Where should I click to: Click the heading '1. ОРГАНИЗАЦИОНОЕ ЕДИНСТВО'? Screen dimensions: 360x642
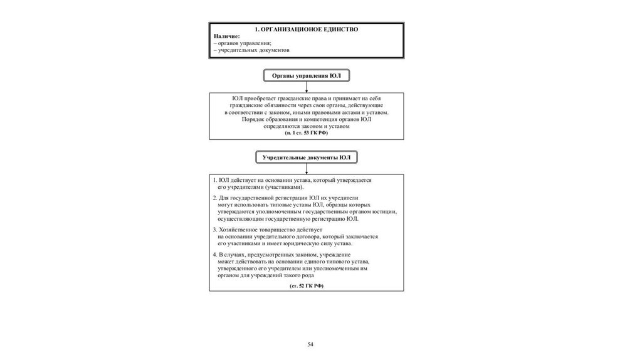pos(307,29)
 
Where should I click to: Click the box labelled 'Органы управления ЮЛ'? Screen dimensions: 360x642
pos(306,76)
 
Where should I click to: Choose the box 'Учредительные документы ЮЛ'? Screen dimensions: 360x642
pos(307,157)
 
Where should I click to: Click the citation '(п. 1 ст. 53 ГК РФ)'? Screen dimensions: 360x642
pos(307,134)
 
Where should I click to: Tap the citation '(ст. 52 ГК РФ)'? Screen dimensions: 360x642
pos(307,285)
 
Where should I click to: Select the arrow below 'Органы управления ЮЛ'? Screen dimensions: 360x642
pos(307,88)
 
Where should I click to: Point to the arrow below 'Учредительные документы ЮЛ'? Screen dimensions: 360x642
pos(307,169)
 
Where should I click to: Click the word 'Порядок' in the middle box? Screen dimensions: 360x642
pos(254,119)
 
